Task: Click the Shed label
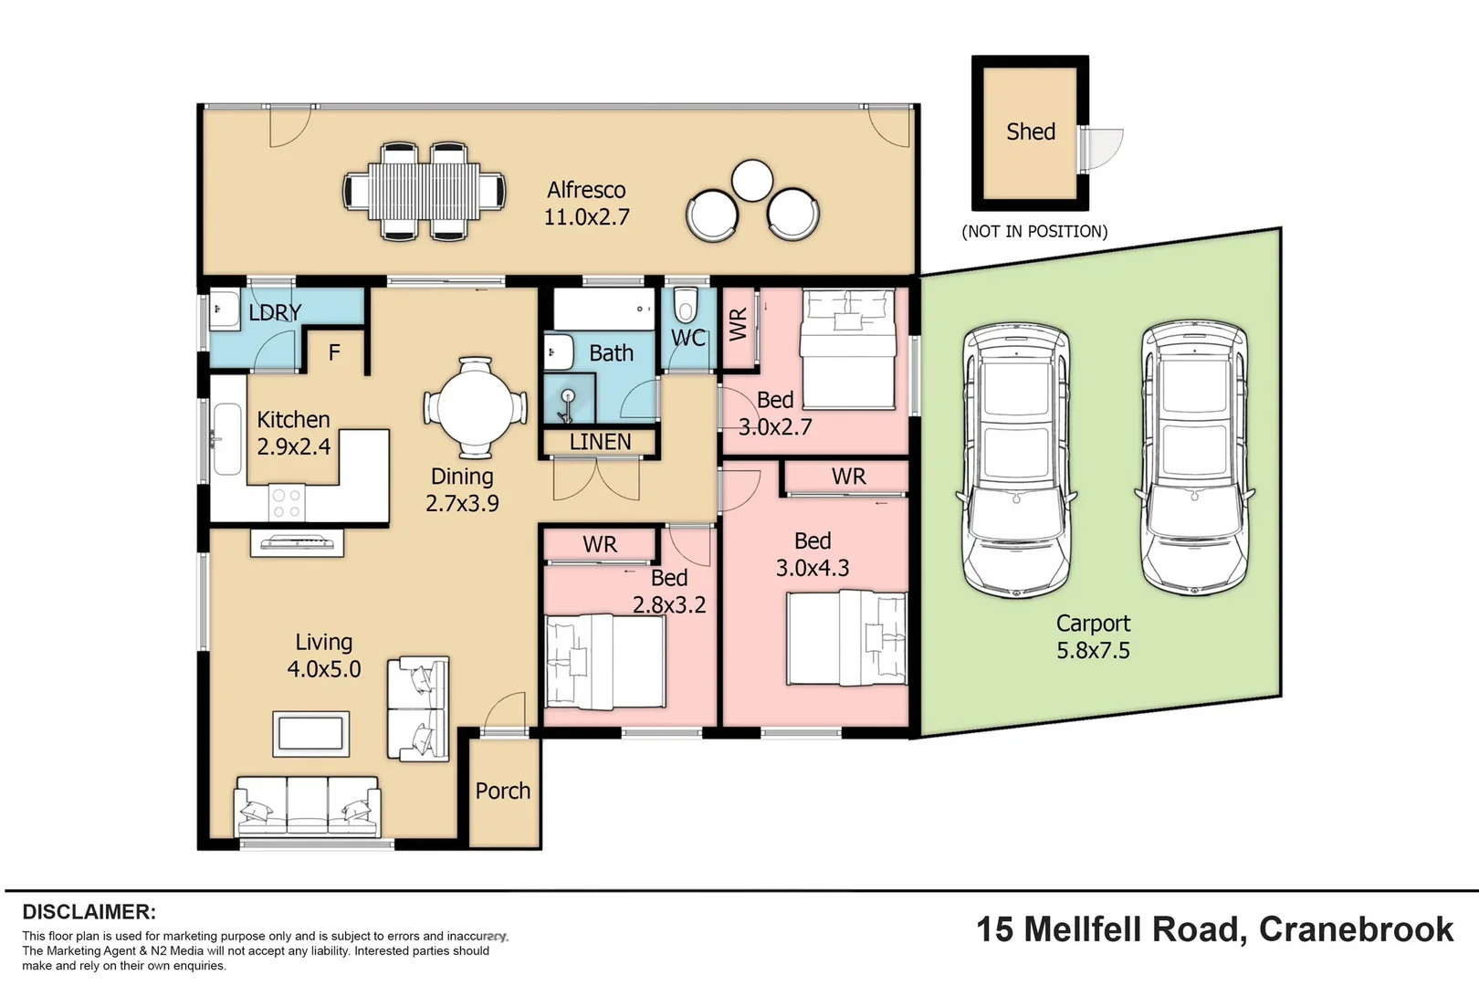tap(1031, 132)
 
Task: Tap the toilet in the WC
tap(686, 304)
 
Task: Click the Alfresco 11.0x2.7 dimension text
tap(586, 217)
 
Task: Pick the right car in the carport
tap(1194, 459)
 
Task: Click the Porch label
tap(502, 791)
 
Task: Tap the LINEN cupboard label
tap(600, 442)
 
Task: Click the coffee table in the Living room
tap(311, 733)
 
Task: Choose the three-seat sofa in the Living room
tap(308, 806)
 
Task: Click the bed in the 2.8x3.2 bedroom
tap(603, 661)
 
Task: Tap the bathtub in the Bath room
tap(604, 309)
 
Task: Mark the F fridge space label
tap(334, 352)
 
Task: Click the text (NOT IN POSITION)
tap(1034, 232)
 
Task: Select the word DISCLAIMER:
tap(89, 912)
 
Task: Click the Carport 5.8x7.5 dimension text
tap(1093, 651)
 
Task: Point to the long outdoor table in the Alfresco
tap(425, 192)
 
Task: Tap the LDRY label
tap(275, 312)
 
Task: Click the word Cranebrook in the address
tap(1356, 929)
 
